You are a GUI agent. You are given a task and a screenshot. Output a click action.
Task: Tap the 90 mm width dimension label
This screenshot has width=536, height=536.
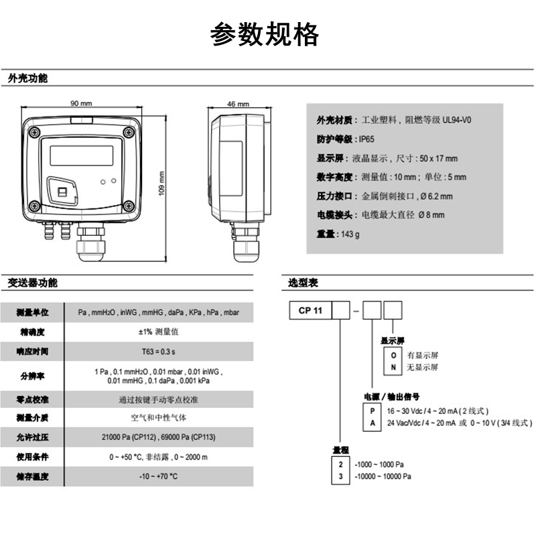click(81, 104)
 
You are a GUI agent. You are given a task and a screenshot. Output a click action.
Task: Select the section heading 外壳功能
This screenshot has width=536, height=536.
click(28, 78)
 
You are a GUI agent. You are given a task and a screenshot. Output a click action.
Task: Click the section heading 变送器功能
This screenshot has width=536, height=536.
click(33, 283)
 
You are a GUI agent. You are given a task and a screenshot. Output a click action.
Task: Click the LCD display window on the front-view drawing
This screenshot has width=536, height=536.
click(80, 155)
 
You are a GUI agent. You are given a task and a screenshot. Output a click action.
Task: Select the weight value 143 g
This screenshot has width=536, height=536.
click(350, 234)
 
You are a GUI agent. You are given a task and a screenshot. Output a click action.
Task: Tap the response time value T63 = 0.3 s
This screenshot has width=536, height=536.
click(158, 351)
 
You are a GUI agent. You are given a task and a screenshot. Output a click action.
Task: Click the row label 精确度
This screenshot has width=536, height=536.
click(33, 332)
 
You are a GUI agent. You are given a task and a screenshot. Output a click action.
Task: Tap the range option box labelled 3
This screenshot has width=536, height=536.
click(341, 476)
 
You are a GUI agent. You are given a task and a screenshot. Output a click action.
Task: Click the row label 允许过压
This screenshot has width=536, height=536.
click(33, 437)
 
